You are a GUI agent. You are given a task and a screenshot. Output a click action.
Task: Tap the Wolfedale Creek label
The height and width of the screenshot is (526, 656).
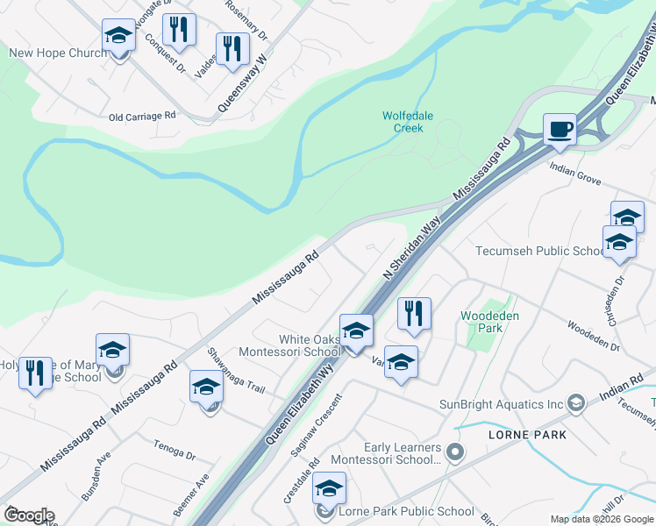[403, 122]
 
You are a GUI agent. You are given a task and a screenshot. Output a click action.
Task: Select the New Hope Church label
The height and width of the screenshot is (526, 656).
[57, 53]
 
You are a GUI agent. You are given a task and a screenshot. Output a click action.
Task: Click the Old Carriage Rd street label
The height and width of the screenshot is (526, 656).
[142, 116]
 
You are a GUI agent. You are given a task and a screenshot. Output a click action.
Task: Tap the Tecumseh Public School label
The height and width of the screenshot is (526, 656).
[539, 251]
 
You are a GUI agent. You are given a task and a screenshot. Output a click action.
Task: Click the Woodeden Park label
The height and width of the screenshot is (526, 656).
[483, 322]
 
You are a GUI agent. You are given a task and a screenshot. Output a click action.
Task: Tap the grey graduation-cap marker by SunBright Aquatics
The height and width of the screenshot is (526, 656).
[576, 403]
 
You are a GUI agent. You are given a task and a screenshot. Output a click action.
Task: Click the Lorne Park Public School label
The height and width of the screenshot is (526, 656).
[407, 512]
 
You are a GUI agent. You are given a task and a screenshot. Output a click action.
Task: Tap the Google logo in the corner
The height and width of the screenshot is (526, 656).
[29, 515]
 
